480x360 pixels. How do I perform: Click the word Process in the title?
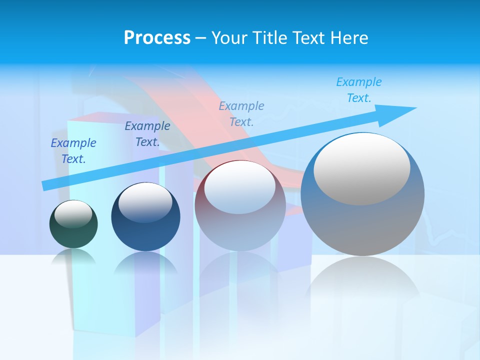tap(157, 38)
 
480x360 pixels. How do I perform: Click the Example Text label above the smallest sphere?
tap(73, 151)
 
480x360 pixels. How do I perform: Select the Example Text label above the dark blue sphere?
tap(147, 134)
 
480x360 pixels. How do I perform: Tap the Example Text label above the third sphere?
tap(241, 114)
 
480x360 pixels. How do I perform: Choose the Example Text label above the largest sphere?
tap(359, 90)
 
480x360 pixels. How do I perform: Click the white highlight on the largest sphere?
tap(361, 169)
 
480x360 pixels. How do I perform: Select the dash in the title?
tap(201, 38)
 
